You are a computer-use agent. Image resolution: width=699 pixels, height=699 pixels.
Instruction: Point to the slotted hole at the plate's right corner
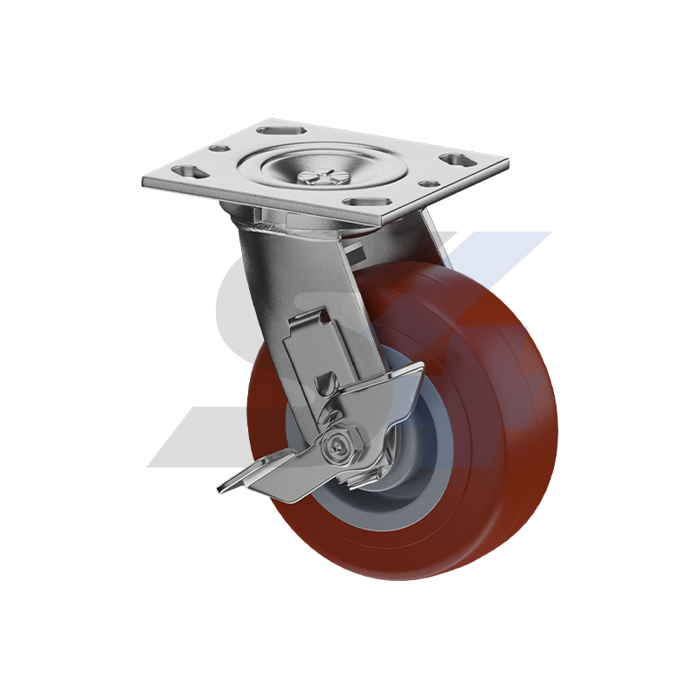point(453,160)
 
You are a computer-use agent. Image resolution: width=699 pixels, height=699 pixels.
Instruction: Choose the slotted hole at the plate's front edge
point(361,202)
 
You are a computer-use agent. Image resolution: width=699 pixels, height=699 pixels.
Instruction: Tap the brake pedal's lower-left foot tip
point(229,486)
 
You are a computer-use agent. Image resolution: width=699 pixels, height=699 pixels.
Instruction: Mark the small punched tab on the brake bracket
point(328,382)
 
